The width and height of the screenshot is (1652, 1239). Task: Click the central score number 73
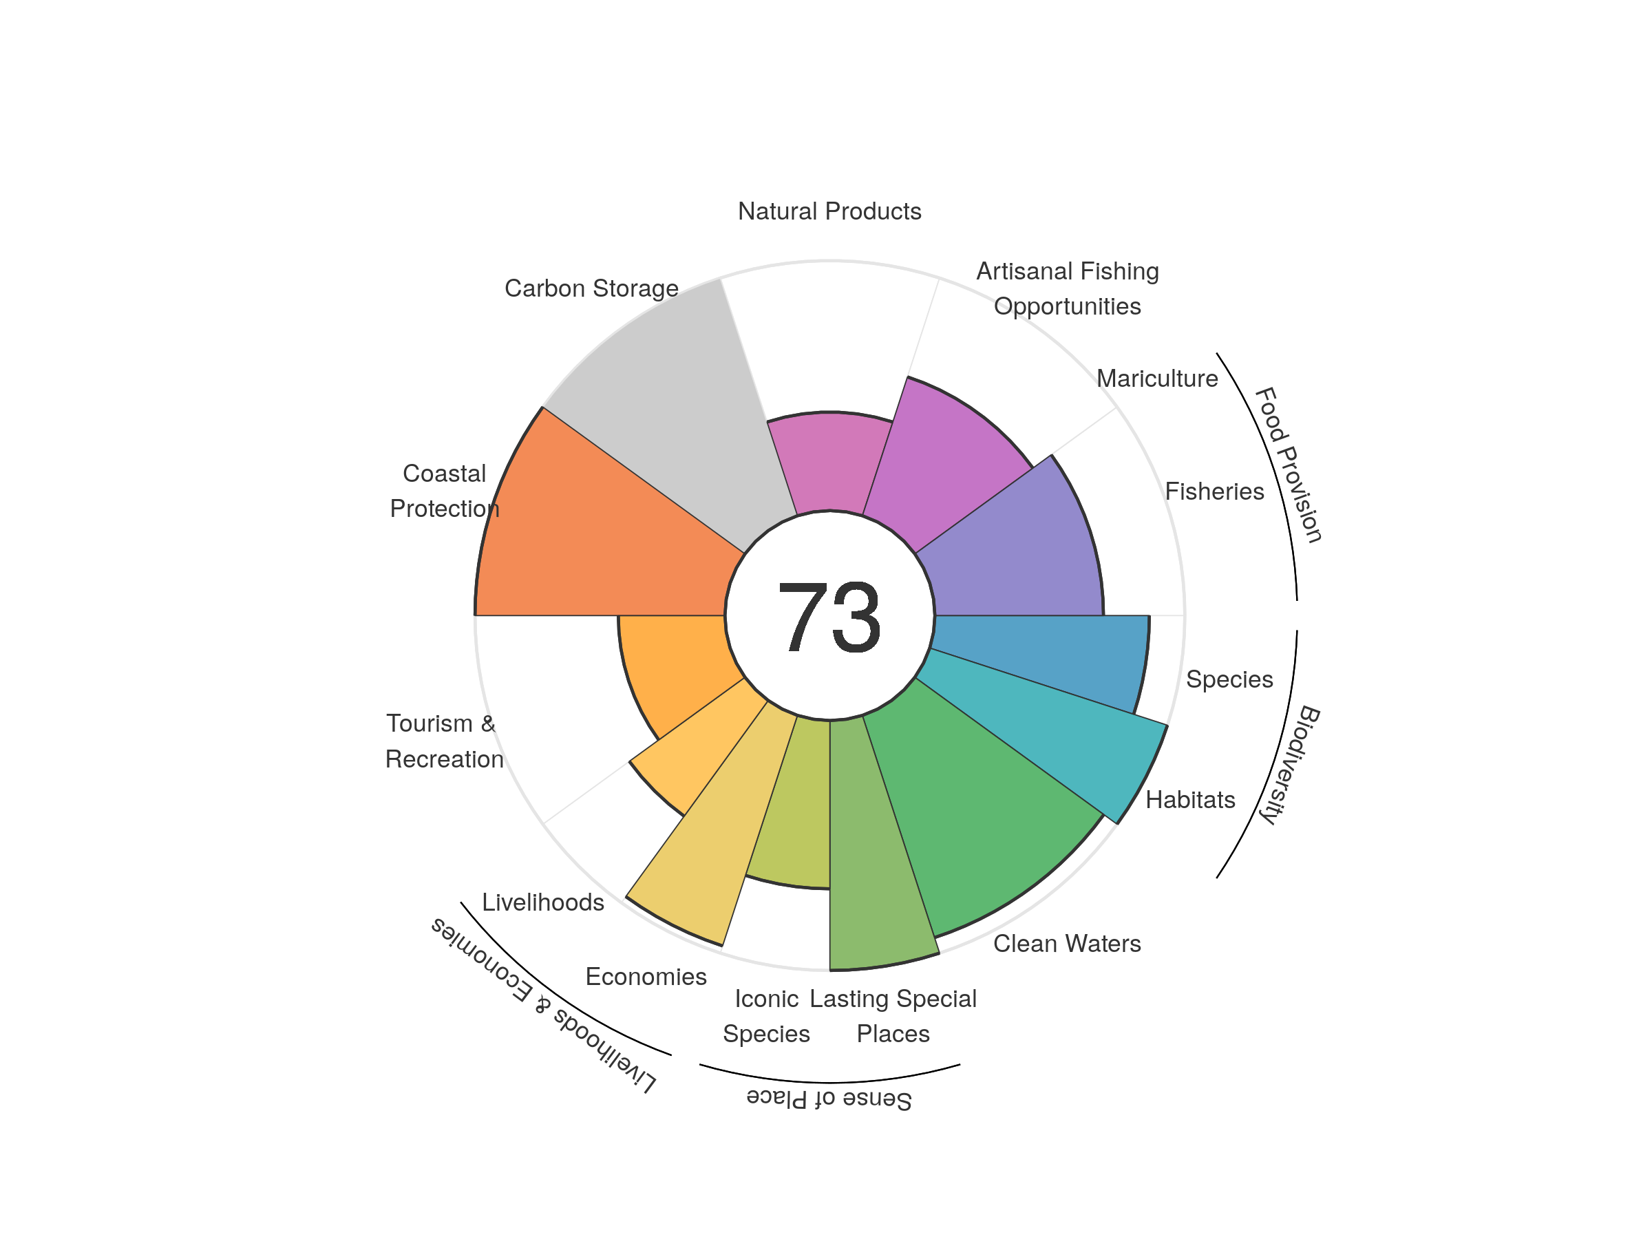(x=829, y=617)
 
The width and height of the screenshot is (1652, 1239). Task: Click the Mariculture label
(x=1157, y=379)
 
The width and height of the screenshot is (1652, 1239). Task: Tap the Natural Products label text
(x=829, y=211)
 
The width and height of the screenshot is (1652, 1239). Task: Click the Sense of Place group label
(x=829, y=1099)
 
